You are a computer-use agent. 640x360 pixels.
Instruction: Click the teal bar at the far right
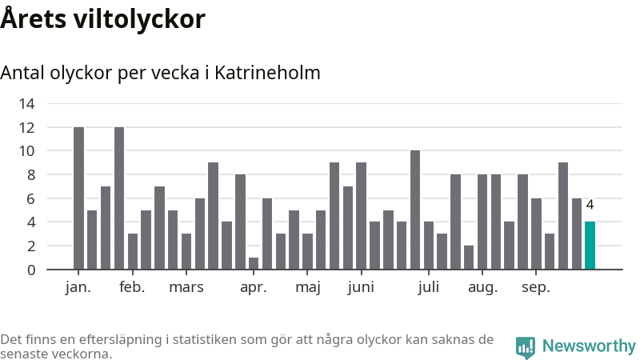click(590, 246)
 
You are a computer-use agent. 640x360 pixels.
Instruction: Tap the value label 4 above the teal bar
click(590, 205)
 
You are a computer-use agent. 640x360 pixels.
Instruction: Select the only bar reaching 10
click(415, 210)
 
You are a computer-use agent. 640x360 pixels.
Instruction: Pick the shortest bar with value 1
click(254, 263)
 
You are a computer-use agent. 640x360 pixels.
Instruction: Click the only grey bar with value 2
click(469, 257)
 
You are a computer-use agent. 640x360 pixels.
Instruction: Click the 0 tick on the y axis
click(30, 270)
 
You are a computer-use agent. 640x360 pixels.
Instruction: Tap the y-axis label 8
click(30, 174)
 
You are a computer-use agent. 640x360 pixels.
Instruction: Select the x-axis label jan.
click(78, 288)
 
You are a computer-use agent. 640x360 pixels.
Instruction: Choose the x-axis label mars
click(186, 288)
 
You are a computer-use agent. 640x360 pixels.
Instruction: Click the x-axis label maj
click(308, 288)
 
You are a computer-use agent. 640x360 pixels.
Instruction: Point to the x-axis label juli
click(429, 288)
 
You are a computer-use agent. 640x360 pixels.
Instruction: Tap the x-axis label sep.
click(536, 288)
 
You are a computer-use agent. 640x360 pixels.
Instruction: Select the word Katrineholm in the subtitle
click(268, 73)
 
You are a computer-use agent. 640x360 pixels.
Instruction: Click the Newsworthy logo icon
click(526, 346)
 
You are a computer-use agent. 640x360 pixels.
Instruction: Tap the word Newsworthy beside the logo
click(589, 346)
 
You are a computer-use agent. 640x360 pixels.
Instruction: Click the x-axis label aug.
click(482, 288)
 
